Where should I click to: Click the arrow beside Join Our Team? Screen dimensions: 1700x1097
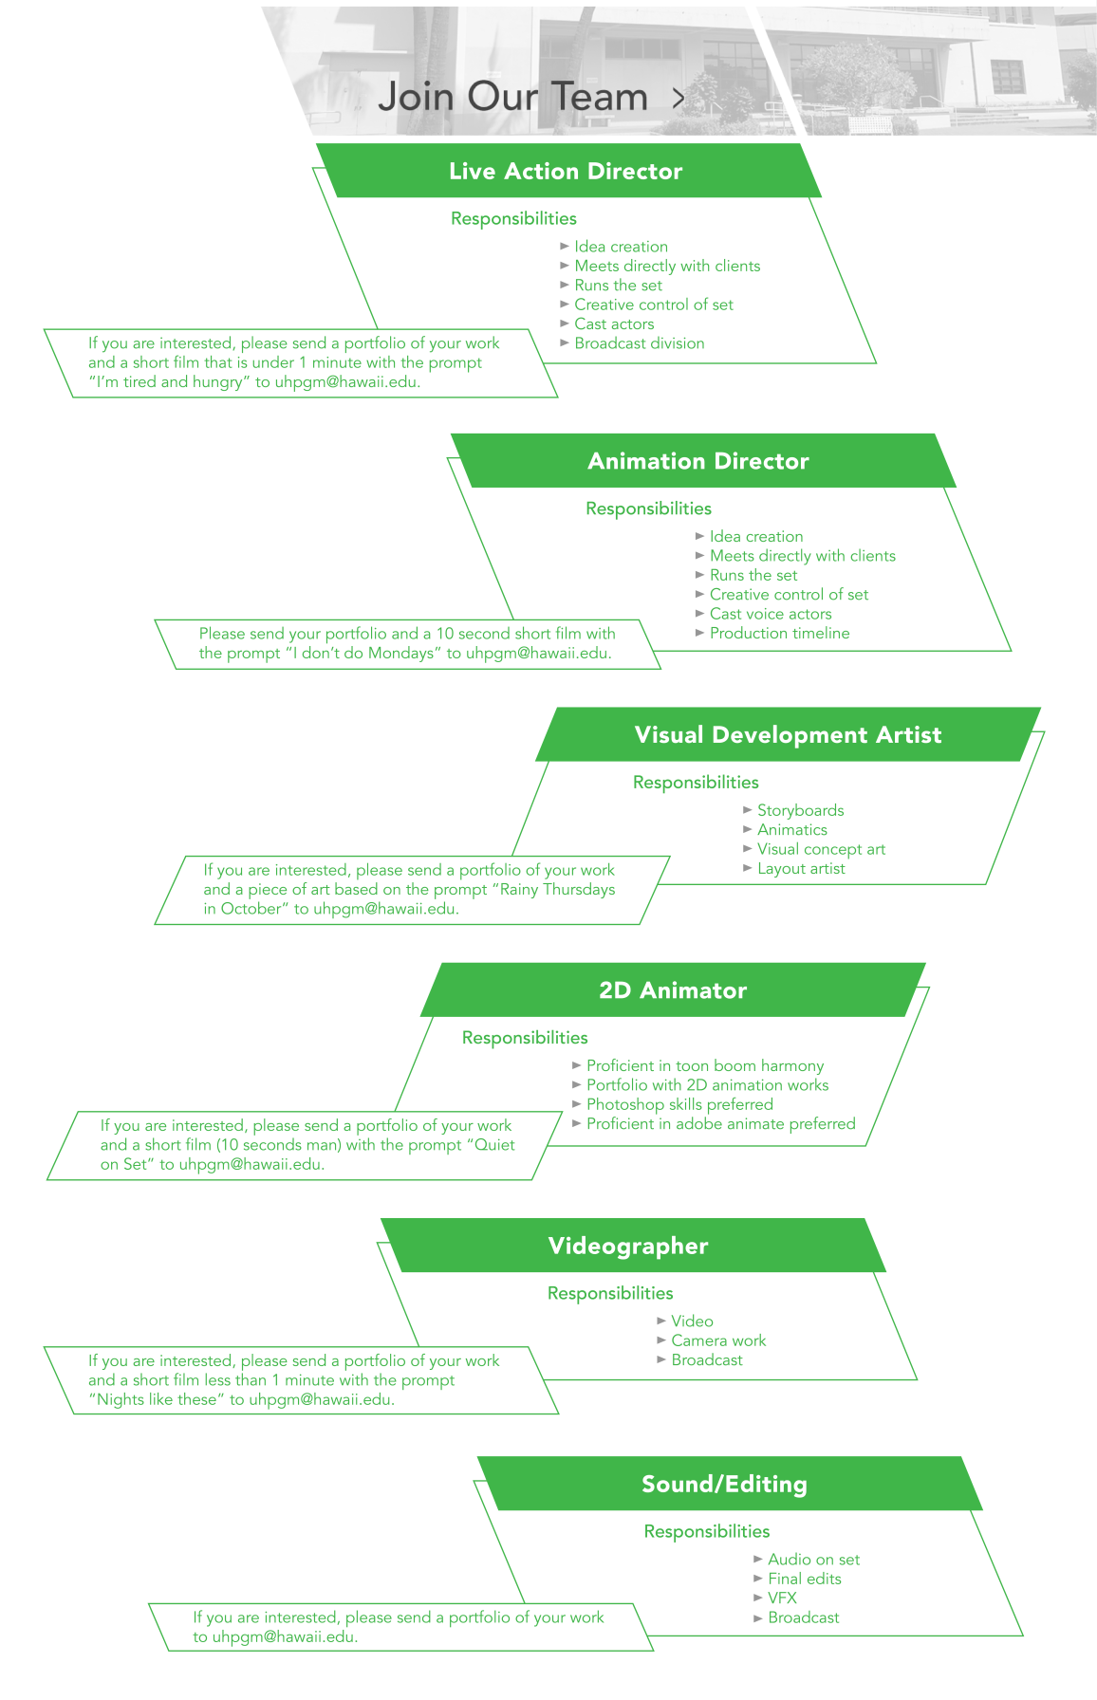coord(678,98)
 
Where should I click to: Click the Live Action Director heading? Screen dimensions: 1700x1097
coord(566,172)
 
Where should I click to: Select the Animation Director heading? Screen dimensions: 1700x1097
coord(697,462)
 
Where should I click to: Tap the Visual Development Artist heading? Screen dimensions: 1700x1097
coord(788,735)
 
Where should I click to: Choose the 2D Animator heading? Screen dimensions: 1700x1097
coord(673,990)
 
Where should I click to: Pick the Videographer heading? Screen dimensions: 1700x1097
coord(628,1247)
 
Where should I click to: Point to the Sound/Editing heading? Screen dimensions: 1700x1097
coord(724,1485)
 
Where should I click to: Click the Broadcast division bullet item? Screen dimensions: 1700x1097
coord(639,343)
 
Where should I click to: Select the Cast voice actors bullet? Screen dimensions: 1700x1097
coord(770,614)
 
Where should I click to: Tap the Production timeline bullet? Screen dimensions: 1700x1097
coord(779,633)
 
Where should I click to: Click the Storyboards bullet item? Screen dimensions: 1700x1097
coord(800,810)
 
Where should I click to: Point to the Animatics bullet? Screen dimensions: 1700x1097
coord(791,830)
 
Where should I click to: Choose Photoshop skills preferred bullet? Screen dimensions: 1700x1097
coord(679,1104)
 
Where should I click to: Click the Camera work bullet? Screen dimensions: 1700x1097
coord(718,1340)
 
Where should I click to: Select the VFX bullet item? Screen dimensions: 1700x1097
coord(782,1598)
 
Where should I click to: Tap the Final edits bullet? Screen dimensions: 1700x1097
coord(804,1579)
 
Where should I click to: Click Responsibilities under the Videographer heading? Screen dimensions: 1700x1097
coord(610,1293)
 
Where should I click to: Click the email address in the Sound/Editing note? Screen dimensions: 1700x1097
coord(285,1636)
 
